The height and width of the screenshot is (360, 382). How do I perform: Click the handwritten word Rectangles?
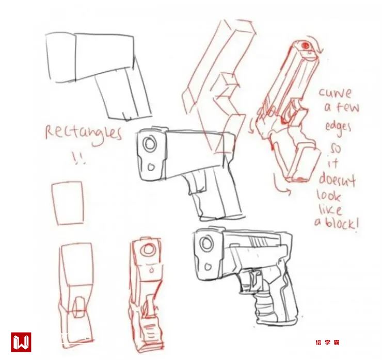coord(83,133)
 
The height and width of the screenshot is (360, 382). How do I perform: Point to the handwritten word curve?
coord(335,93)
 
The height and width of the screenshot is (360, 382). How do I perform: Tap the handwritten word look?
coord(329,197)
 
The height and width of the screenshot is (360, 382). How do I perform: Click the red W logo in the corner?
coord(21,342)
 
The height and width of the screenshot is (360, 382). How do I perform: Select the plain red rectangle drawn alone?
coord(68,203)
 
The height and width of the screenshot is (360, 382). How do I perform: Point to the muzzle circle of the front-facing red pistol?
coord(149,250)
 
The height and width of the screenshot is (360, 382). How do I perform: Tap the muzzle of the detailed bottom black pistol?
coord(208,242)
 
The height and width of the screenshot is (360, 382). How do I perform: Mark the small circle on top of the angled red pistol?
coord(307,46)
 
